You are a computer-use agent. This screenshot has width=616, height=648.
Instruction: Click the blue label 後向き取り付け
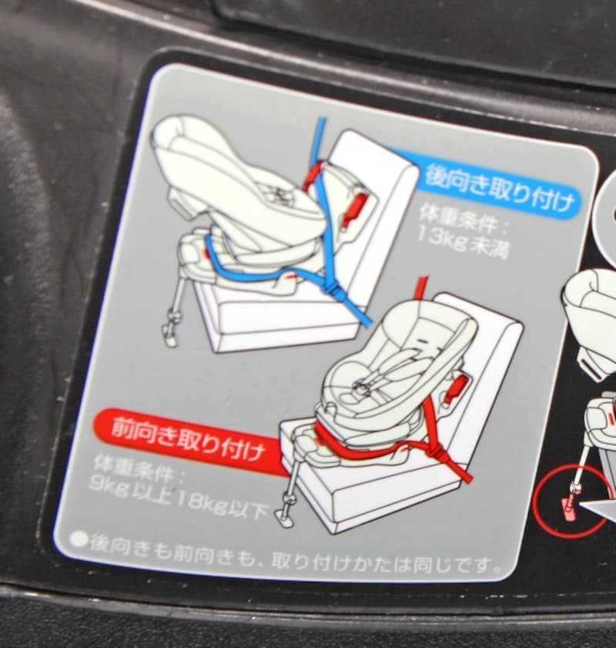499,189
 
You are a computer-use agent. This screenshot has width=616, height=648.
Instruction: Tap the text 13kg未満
464,243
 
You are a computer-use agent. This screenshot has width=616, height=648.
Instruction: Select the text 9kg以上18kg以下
178,499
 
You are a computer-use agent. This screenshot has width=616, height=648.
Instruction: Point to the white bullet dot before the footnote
79,539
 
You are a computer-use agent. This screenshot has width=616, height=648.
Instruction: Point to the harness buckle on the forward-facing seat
360,386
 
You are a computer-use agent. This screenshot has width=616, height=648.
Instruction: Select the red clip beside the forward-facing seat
455,390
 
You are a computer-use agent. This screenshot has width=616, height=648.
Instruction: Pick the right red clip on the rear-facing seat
356,208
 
